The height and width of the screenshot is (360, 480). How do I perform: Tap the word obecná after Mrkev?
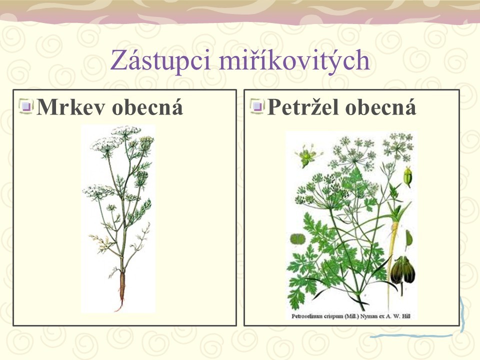click(x=147, y=107)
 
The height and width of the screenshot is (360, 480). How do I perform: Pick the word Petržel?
click(x=302, y=107)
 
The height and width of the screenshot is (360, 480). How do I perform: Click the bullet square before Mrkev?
click(x=26, y=106)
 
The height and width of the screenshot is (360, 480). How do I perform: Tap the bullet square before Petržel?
click(x=257, y=106)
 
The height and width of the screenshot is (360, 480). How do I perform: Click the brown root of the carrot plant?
click(x=122, y=289)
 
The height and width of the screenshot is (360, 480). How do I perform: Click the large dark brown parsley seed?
click(x=403, y=271)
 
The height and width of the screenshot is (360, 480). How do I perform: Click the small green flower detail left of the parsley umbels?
click(x=307, y=156)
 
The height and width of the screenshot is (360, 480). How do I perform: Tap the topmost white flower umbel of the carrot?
click(x=126, y=131)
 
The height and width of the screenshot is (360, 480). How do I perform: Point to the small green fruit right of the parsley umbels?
click(x=407, y=177)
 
